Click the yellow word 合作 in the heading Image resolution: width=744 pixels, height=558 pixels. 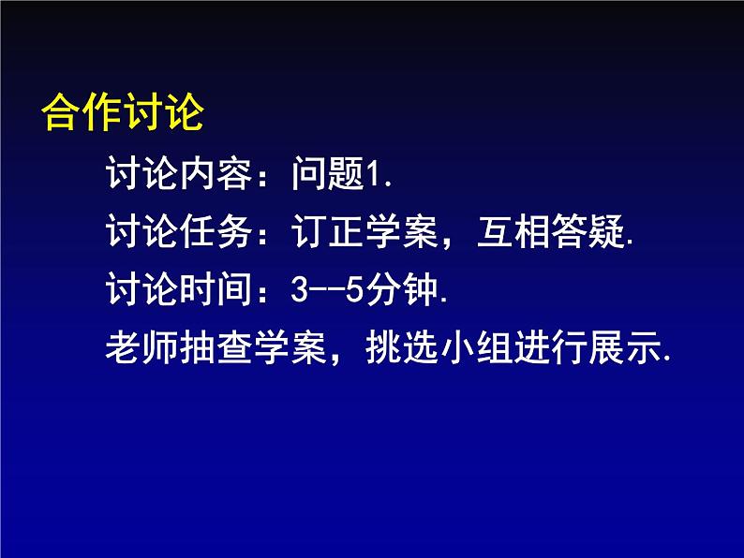coord(82,112)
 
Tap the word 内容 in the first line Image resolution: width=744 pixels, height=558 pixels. coord(216,173)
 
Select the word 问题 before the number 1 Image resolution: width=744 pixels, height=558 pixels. coord(328,173)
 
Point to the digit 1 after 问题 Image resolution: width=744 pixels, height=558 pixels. coord(375,174)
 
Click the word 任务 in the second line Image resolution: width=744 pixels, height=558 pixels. coord(216,231)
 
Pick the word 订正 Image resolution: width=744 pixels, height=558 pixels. coord(328,231)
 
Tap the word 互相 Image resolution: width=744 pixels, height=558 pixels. coord(513,231)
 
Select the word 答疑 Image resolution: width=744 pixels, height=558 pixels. coord(588,231)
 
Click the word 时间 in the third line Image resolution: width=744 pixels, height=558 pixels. coord(216,288)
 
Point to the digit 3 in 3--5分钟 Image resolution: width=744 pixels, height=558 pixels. coord(300,289)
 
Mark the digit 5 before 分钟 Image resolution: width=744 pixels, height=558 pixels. coord(354,289)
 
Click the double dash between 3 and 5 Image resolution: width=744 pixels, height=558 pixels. coord(327,289)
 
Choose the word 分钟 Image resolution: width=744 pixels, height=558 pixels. coord(401,288)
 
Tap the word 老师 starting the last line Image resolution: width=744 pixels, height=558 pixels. coord(141,347)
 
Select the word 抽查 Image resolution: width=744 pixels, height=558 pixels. coord(216,347)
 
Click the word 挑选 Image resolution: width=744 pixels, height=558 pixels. coord(401,347)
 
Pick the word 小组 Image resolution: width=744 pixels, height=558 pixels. coord(476,347)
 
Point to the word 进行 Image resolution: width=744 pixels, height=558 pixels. coord(550,347)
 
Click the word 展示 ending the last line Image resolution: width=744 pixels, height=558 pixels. coord(624,347)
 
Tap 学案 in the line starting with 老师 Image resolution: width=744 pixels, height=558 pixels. coord(290,347)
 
